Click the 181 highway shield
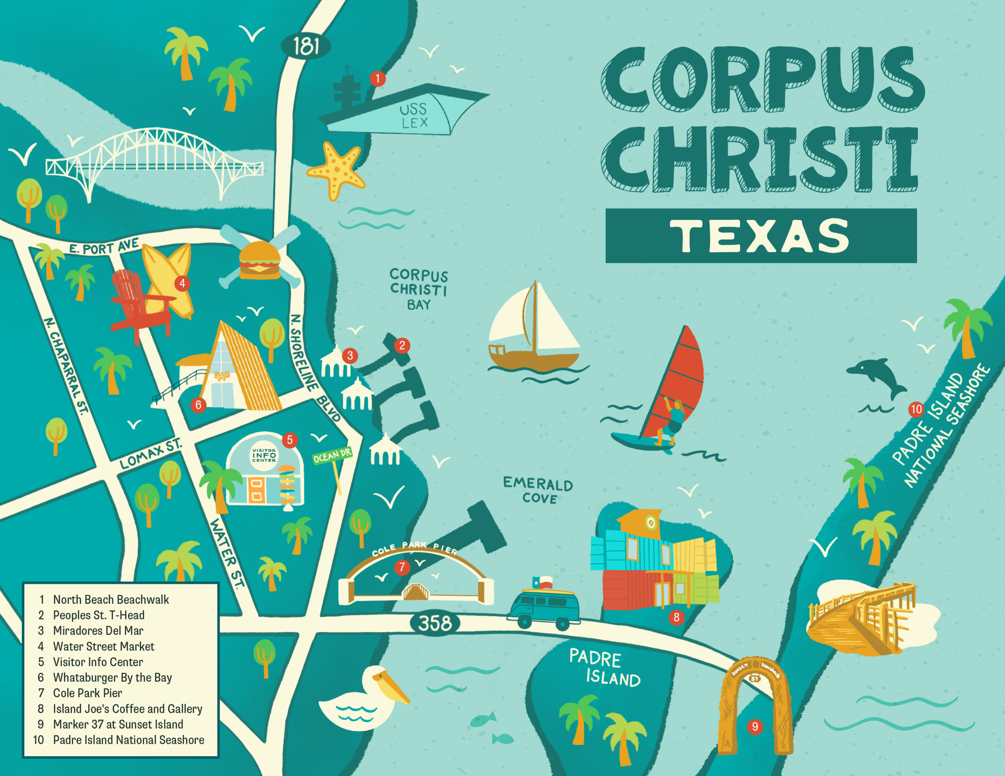305,46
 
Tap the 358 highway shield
435,623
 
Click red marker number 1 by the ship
377,78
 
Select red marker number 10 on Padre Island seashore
916,409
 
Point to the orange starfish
336,170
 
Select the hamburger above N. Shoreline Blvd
259,260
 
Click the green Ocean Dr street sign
332,455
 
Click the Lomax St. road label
150,454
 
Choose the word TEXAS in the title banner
760,236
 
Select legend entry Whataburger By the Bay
112,678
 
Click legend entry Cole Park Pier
88,693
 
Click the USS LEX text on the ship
414,115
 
